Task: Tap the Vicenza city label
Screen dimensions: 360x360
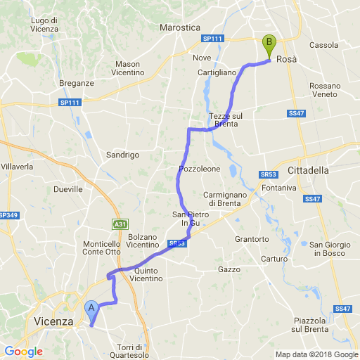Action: pyautogui.click(x=53, y=321)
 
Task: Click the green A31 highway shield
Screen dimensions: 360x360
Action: pyautogui.click(x=120, y=224)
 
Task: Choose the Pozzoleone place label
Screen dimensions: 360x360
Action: pyautogui.click(x=200, y=169)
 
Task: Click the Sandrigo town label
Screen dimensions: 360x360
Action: pyautogui.click(x=123, y=154)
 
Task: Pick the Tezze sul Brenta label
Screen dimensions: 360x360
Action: pyautogui.click(x=226, y=120)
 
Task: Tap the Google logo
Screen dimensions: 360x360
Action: pyautogui.click(x=23, y=352)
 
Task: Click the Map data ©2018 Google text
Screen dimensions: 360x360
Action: pyautogui.click(x=316, y=354)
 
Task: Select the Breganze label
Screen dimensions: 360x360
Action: pyautogui.click(x=77, y=83)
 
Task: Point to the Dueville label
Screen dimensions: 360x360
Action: pyautogui.click(x=68, y=189)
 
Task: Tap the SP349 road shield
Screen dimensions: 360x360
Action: pyautogui.click(x=8, y=215)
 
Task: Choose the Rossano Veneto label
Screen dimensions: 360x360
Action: pyautogui.click(x=324, y=89)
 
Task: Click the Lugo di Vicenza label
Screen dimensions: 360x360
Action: pyautogui.click(x=49, y=25)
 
